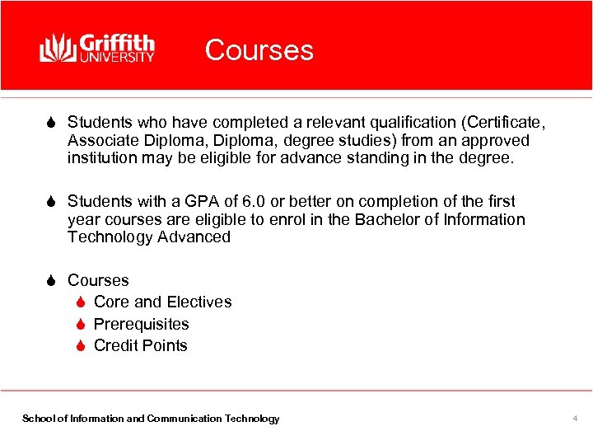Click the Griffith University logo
click(x=97, y=48)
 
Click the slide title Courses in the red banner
click(x=259, y=50)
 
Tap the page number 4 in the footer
click(x=575, y=419)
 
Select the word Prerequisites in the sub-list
click(x=141, y=325)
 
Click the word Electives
click(x=198, y=302)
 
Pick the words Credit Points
click(x=140, y=346)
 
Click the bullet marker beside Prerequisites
click(x=81, y=325)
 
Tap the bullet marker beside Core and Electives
click(x=81, y=302)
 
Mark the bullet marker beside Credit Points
click(x=81, y=346)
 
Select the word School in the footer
click(x=37, y=419)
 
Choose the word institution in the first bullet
click(x=101, y=158)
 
